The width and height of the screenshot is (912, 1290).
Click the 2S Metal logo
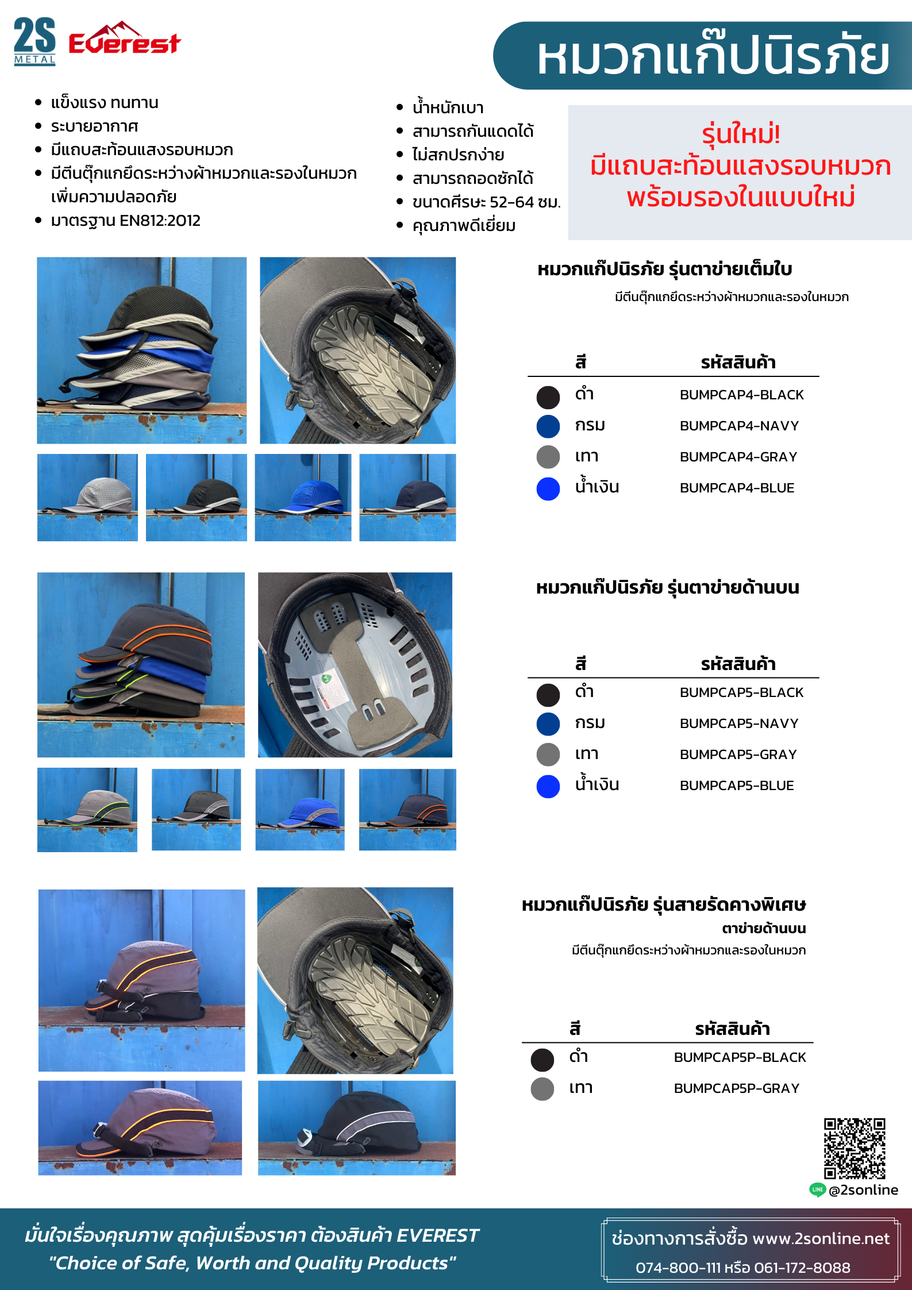tap(34, 41)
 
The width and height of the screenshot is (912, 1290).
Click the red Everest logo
tap(125, 39)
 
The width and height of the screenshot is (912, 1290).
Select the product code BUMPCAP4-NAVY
tap(739, 426)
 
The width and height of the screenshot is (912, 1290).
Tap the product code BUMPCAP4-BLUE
tap(737, 488)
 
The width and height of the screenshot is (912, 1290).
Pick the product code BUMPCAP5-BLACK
tap(741, 692)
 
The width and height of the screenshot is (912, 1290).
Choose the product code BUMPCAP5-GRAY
tap(738, 754)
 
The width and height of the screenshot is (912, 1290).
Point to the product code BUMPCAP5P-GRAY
tap(736, 1088)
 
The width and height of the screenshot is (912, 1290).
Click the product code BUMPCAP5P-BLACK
tap(740, 1057)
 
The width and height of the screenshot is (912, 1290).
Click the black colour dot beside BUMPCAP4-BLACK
tap(548, 397)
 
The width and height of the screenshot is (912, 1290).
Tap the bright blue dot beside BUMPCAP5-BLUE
tap(548, 787)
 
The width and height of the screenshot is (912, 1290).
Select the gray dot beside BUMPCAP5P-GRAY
tap(542, 1089)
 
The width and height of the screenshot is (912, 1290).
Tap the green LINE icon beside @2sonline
tap(817, 1190)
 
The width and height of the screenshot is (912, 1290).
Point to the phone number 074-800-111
tap(678, 1268)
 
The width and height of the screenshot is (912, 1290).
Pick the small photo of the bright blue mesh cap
tap(303, 498)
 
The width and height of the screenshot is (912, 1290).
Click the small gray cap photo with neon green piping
tap(87, 810)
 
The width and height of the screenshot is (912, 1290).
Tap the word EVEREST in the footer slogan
tap(437, 1235)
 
